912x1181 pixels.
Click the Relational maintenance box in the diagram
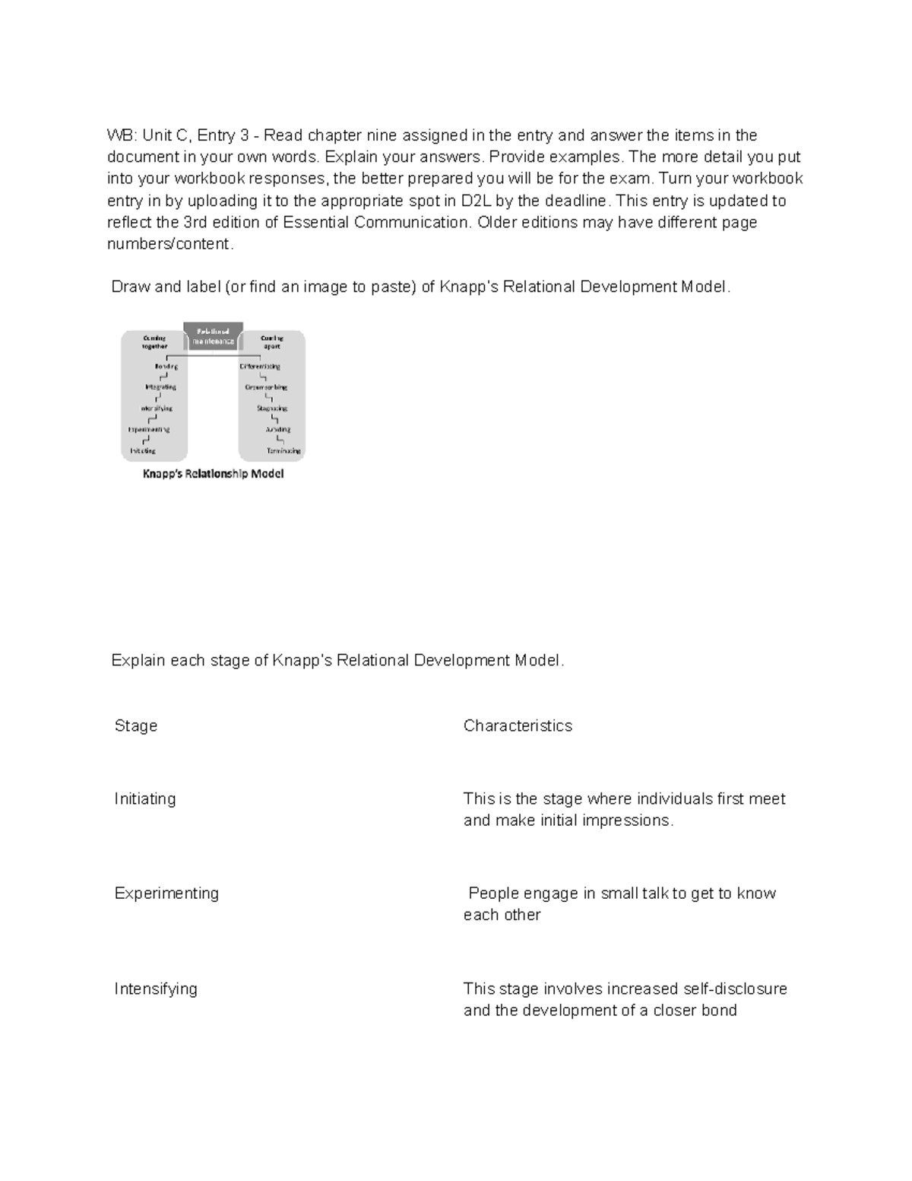[214, 336]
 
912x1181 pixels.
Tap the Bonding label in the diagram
[166, 367]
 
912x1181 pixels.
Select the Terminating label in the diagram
[283, 451]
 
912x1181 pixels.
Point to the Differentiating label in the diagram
[260, 367]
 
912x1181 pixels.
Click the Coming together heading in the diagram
[154, 341]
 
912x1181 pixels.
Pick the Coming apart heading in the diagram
[271, 341]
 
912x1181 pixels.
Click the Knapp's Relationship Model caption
[214, 474]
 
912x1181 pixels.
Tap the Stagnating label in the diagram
[271, 408]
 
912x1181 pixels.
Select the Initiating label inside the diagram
[143, 451]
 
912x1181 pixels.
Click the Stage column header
[136, 725]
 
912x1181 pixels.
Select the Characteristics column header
[518, 725]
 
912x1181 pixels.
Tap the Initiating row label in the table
[145, 798]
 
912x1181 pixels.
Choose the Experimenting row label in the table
[166, 893]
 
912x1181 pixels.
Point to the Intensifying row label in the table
[156, 989]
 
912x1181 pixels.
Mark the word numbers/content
[169, 244]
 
